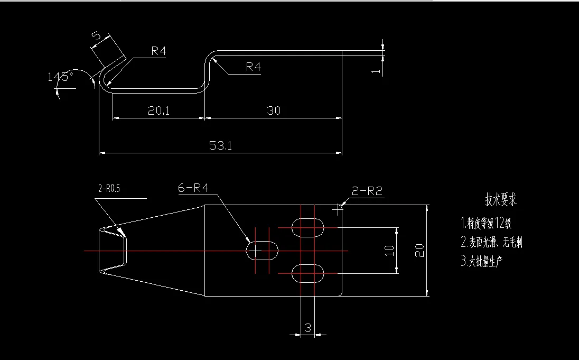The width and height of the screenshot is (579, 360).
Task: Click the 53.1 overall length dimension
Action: pyautogui.click(x=220, y=146)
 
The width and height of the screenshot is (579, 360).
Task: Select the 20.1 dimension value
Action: pyautogui.click(x=158, y=110)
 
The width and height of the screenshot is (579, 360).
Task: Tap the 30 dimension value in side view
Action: pyautogui.click(x=274, y=110)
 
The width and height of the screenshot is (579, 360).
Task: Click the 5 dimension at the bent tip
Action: pyautogui.click(x=97, y=36)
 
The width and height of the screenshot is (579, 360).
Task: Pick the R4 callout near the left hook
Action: pyautogui.click(x=158, y=51)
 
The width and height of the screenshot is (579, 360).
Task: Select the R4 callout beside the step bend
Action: pyautogui.click(x=253, y=67)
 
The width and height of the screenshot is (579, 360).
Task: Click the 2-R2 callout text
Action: pyautogui.click(x=367, y=191)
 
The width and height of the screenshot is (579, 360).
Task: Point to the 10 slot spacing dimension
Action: pyautogui.click(x=389, y=251)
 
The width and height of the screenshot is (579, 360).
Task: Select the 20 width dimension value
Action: pyautogui.click(x=419, y=251)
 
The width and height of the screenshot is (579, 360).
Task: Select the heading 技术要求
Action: pyautogui.click(x=500, y=200)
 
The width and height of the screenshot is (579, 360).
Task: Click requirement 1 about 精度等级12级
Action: pyautogui.click(x=486, y=223)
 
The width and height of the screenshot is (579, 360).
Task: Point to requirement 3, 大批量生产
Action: pyautogui.click(x=482, y=261)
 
